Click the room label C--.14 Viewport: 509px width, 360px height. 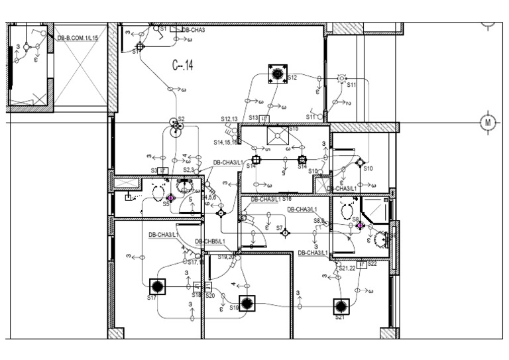[x=182, y=66]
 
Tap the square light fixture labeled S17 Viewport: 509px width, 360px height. [x=158, y=287]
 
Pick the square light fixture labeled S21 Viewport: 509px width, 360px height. [x=341, y=306]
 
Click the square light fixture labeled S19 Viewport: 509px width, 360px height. [x=247, y=303]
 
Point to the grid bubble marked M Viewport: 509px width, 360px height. [x=488, y=123]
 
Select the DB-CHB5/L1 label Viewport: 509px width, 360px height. [x=209, y=241]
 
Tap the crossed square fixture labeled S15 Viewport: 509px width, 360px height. [x=276, y=136]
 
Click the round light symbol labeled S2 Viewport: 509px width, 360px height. [x=176, y=126]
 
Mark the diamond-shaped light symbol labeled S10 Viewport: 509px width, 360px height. [x=360, y=162]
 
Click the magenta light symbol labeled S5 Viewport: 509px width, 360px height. [x=170, y=198]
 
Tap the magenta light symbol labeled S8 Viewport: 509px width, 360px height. [x=360, y=225]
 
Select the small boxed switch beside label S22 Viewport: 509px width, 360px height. [x=362, y=265]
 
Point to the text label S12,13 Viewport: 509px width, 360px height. [x=229, y=119]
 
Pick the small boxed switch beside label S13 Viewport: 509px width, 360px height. [x=264, y=118]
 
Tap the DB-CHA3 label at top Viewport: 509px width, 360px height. [x=193, y=30]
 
